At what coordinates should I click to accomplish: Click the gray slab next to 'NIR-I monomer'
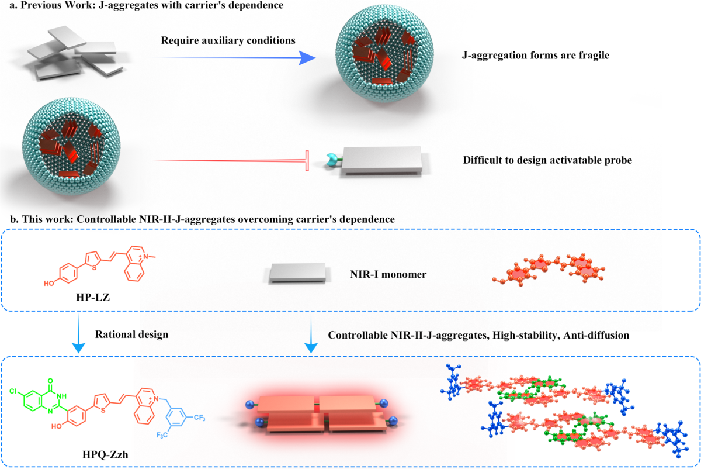pos(296,274)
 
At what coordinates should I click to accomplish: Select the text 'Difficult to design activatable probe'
pos(548,160)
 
